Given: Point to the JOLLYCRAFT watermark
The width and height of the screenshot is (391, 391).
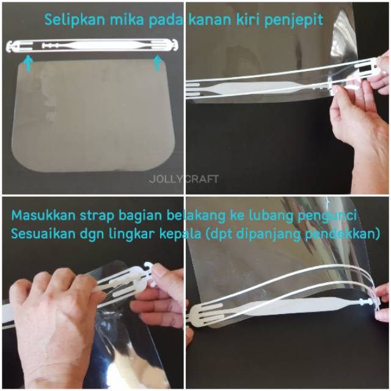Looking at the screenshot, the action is (184, 179).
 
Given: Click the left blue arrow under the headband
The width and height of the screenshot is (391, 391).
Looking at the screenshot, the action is (29, 63).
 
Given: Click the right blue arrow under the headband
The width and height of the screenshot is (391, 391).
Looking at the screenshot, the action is (158, 62).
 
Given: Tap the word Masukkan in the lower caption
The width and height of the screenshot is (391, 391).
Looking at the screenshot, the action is (43, 215).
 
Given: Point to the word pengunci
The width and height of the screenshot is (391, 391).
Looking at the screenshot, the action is (327, 216).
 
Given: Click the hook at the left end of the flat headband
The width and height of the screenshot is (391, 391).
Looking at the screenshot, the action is (11, 48).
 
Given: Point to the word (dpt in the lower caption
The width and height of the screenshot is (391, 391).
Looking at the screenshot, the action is (220, 235).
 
